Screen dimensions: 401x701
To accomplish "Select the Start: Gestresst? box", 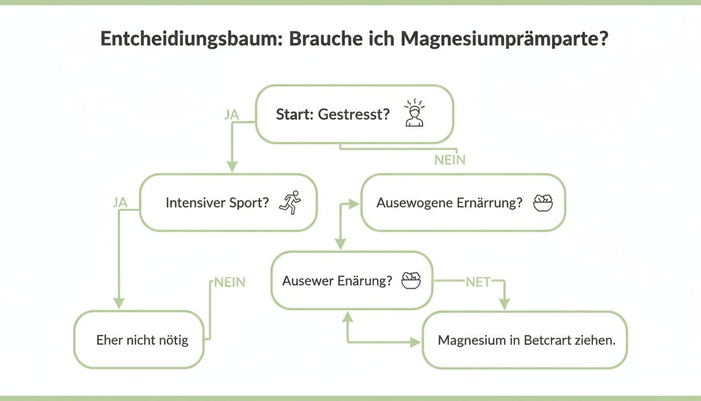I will (354, 114).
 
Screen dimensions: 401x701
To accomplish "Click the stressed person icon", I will (415, 113).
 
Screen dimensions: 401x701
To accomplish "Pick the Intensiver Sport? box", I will (228, 203).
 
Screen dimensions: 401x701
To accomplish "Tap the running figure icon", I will (291, 203).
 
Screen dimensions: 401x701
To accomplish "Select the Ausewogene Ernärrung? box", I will (463, 203).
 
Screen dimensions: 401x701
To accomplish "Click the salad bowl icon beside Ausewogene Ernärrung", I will (542, 203).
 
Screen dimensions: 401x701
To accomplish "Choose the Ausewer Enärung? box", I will (352, 280).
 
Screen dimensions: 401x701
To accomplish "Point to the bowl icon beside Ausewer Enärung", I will (410, 280).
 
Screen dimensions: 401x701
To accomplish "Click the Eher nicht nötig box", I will (139, 340).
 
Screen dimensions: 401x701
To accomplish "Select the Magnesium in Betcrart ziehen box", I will (524, 340).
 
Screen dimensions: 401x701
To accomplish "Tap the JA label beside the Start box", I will (232, 115).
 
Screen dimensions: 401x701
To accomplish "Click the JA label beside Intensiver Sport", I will (120, 203).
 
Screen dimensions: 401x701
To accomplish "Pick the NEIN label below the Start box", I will (450, 160).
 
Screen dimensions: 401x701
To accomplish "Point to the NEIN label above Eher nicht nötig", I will (229, 282).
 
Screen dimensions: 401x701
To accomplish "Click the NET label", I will (478, 282).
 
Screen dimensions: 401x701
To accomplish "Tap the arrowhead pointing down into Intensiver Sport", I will (232, 167).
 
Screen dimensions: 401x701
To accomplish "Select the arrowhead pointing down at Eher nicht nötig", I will (119, 303).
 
